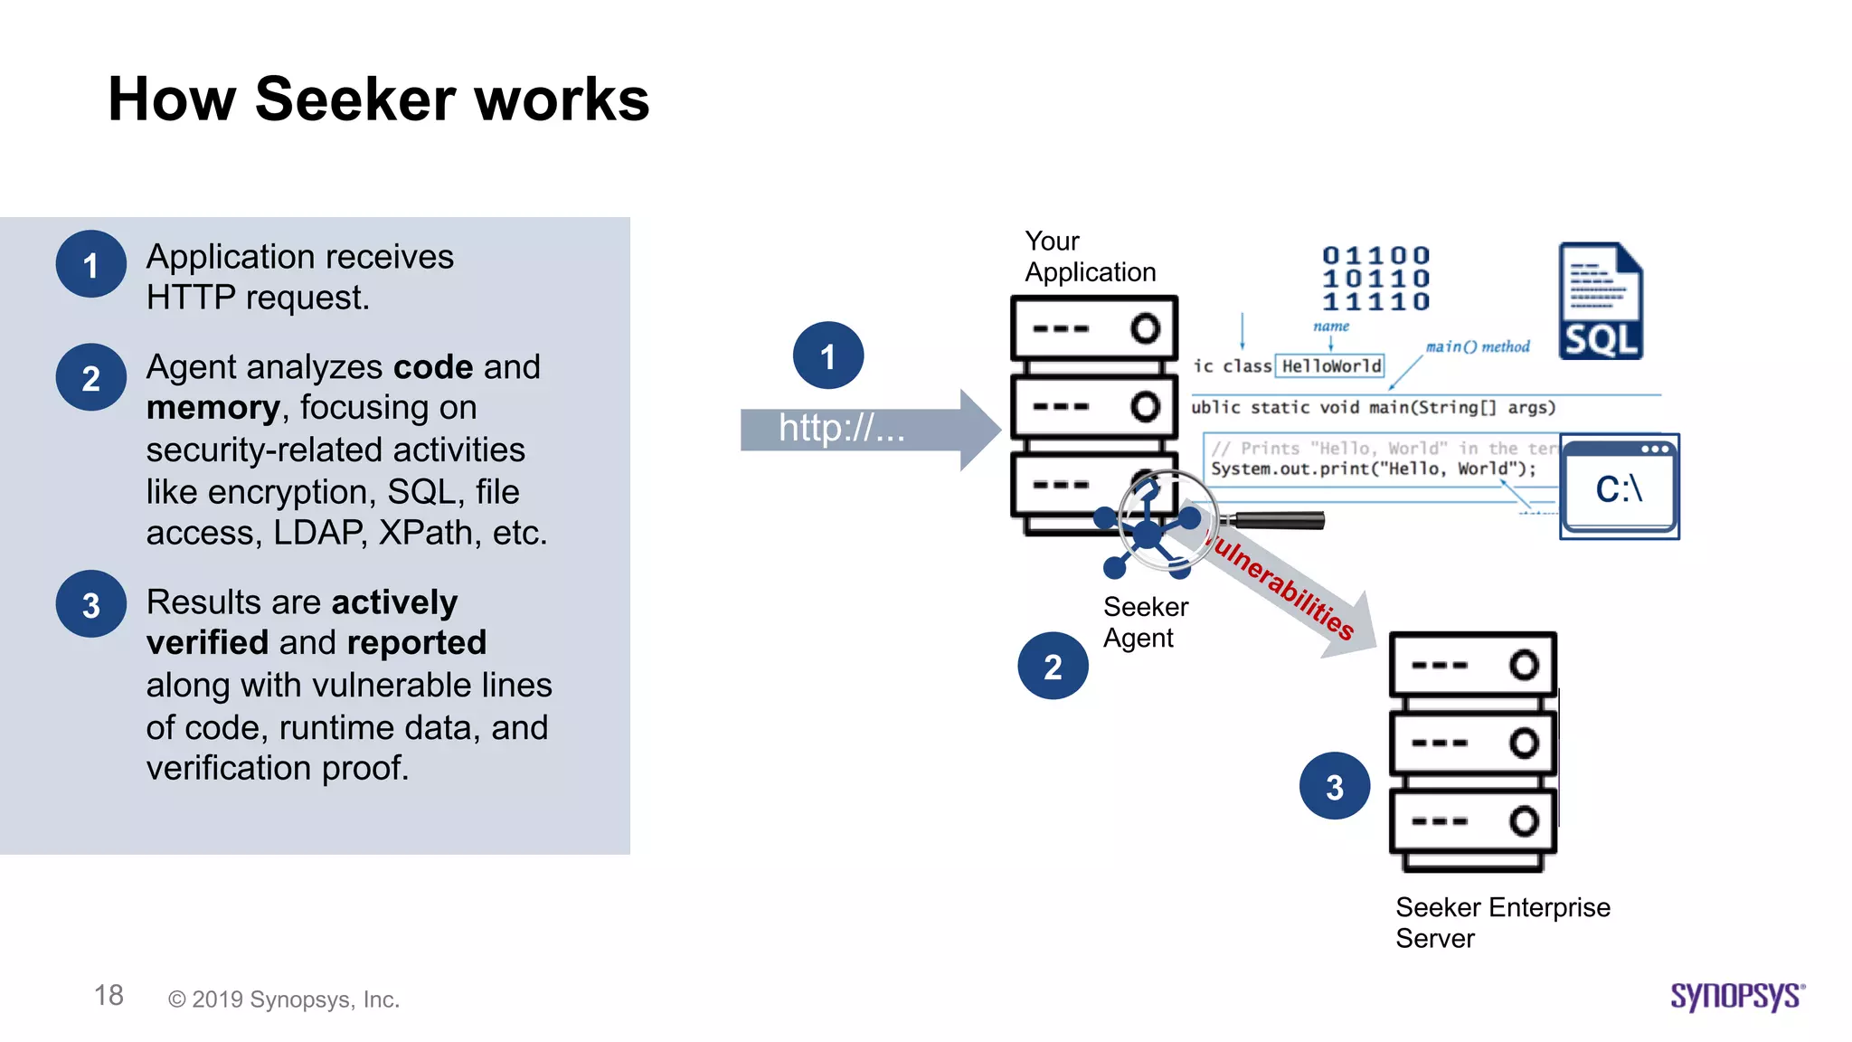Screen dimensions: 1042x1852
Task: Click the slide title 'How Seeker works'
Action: tap(378, 99)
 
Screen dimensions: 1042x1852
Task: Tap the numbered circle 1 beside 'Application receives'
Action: tap(90, 264)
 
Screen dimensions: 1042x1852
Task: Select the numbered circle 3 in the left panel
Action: tap(90, 604)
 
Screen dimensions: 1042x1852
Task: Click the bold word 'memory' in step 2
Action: tap(213, 408)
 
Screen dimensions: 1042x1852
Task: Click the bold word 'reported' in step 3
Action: tap(416, 642)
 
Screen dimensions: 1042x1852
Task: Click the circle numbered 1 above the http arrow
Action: tap(827, 355)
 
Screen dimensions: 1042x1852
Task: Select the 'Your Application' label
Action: tap(1089, 257)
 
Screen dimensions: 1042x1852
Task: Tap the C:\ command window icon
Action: tap(1619, 487)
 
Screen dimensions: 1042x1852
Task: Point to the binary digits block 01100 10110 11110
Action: tap(1375, 279)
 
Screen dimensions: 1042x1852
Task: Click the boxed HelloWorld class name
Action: tap(1330, 365)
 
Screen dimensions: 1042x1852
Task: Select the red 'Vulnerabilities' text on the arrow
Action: tap(1282, 585)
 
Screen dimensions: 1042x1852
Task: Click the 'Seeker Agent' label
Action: tap(1145, 622)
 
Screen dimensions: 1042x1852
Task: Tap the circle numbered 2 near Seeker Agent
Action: tap(1053, 666)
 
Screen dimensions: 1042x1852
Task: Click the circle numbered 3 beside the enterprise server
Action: tap(1334, 786)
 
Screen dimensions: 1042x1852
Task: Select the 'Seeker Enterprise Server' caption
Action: tap(1501, 923)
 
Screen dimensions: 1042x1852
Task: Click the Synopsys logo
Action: tap(1736, 996)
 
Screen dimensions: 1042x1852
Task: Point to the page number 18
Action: tap(109, 995)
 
